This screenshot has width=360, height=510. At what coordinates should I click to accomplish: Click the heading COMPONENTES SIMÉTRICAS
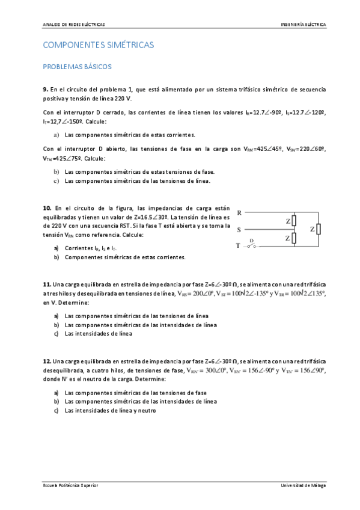pyautogui.click(x=99, y=45)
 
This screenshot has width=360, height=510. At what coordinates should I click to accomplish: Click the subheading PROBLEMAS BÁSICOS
pyautogui.click(x=78, y=67)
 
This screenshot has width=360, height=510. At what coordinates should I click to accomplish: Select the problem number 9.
pyautogui.click(x=46, y=89)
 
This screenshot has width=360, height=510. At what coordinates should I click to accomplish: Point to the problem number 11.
pyautogui.click(x=47, y=284)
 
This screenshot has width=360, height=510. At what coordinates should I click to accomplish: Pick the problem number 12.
pyautogui.click(x=47, y=361)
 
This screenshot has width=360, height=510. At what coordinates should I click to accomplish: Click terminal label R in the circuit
pyautogui.click(x=240, y=213)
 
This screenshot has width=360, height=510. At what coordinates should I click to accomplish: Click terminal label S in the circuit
pyautogui.click(x=240, y=229)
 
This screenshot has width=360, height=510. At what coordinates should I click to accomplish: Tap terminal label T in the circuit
pyautogui.click(x=239, y=245)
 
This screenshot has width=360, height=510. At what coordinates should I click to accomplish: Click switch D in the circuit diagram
pyautogui.click(x=252, y=244)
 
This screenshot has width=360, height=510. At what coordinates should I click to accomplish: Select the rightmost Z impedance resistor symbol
pyautogui.click(x=319, y=229)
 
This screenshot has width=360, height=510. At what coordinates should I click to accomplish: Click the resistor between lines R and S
pyautogui.click(x=294, y=221)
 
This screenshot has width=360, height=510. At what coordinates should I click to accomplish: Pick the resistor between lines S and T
pyautogui.click(x=294, y=238)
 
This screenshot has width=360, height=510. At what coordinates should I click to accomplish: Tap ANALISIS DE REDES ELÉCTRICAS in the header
pyautogui.click(x=74, y=25)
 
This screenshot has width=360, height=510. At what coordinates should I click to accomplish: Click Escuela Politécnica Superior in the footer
pyautogui.click(x=71, y=485)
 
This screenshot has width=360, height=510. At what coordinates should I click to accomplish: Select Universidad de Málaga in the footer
pyautogui.click(x=304, y=485)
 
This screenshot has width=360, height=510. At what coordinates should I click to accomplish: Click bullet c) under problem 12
pyautogui.click(x=56, y=411)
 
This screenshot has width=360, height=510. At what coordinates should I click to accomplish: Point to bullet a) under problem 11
pyautogui.click(x=56, y=315)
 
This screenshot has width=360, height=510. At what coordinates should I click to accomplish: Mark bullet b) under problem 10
pyautogui.click(x=56, y=257)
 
